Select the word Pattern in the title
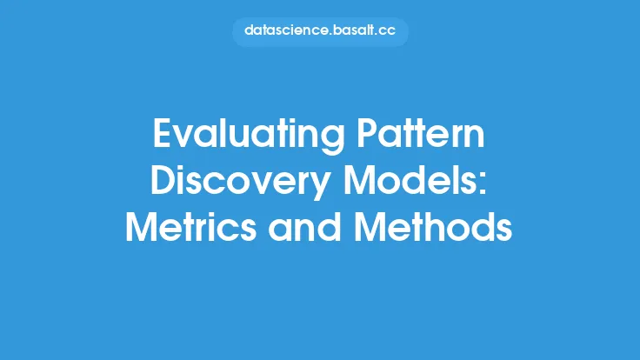pyautogui.click(x=421, y=133)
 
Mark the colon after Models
pyautogui.click(x=483, y=185)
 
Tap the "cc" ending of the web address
pyautogui.click(x=387, y=31)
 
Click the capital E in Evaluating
pyautogui.click(x=162, y=133)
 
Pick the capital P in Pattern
pyautogui.click(x=367, y=133)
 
